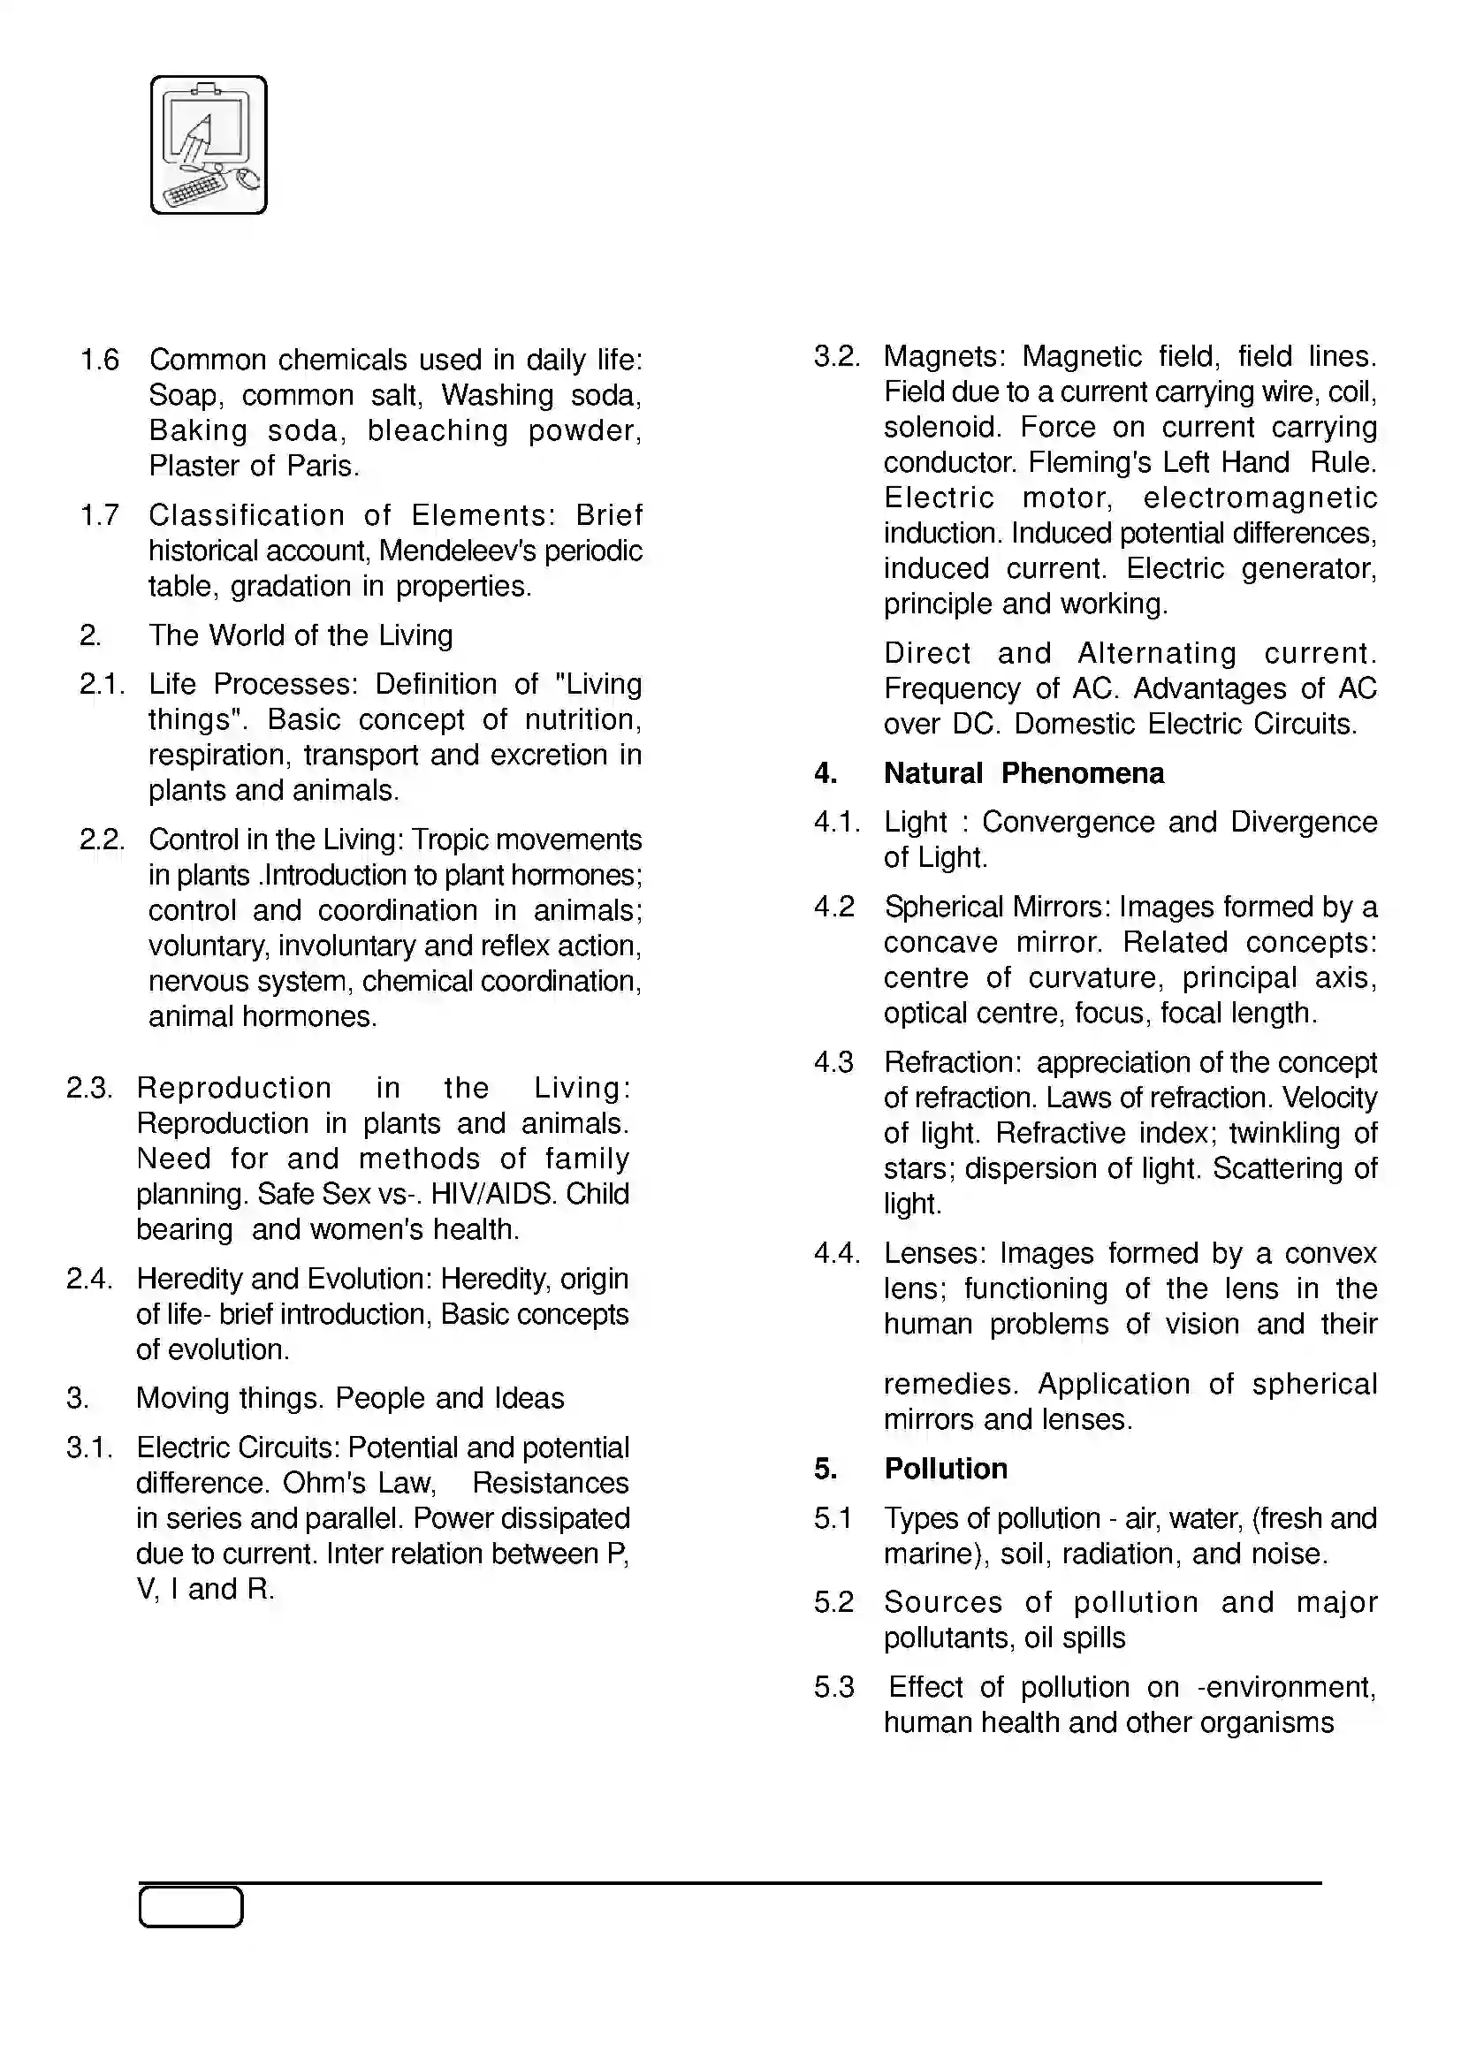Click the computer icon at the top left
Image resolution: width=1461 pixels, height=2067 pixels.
(209, 145)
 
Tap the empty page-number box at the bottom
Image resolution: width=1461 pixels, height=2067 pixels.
(191, 1907)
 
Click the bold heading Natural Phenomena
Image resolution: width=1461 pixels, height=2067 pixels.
(1023, 773)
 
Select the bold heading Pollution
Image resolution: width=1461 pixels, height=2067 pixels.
(945, 1469)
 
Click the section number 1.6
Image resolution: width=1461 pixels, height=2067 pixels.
(100, 360)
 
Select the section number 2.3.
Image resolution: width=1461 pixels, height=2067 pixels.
(89, 1089)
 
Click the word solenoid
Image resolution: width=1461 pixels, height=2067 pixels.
(938, 427)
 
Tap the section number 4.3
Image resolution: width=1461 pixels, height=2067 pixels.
(833, 1062)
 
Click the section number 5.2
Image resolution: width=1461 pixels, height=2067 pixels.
(833, 1602)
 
